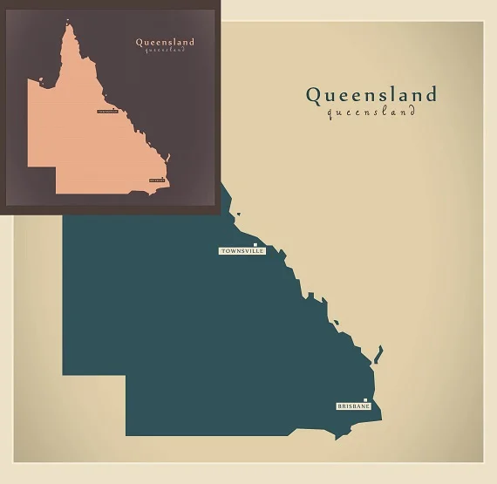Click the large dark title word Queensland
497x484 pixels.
(371, 94)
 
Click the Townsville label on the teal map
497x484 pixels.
(242, 251)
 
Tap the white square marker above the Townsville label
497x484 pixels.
(255, 244)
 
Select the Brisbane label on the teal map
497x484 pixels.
(353, 406)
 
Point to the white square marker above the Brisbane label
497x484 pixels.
(365, 400)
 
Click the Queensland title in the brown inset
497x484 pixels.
(165, 41)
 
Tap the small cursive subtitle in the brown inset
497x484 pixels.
(165, 50)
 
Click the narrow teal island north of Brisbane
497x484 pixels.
(378, 355)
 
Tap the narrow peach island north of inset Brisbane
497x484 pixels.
(170, 159)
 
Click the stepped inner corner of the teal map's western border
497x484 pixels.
(126, 376)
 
